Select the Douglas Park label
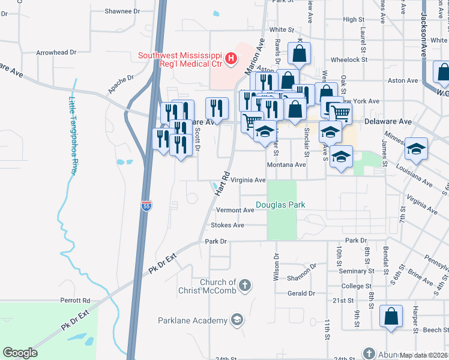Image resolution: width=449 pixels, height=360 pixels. (x=280, y=205)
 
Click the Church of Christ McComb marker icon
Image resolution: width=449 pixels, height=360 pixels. (x=244, y=286)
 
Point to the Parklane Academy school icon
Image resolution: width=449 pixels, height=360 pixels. (x=237, y=320)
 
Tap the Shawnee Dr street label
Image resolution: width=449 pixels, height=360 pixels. (x=122, y=11)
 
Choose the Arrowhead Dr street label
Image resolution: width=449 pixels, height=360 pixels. (x=56, y=52)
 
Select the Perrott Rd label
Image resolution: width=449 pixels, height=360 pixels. (x=74, y=300)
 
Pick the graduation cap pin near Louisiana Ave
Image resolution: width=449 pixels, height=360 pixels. (x=416, y=148)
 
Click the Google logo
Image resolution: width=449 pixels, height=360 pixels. (x=20, y=353)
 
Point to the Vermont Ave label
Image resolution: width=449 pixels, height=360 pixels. (x=235, y=211)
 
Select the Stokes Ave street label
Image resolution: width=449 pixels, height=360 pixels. (x=228, y=225)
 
